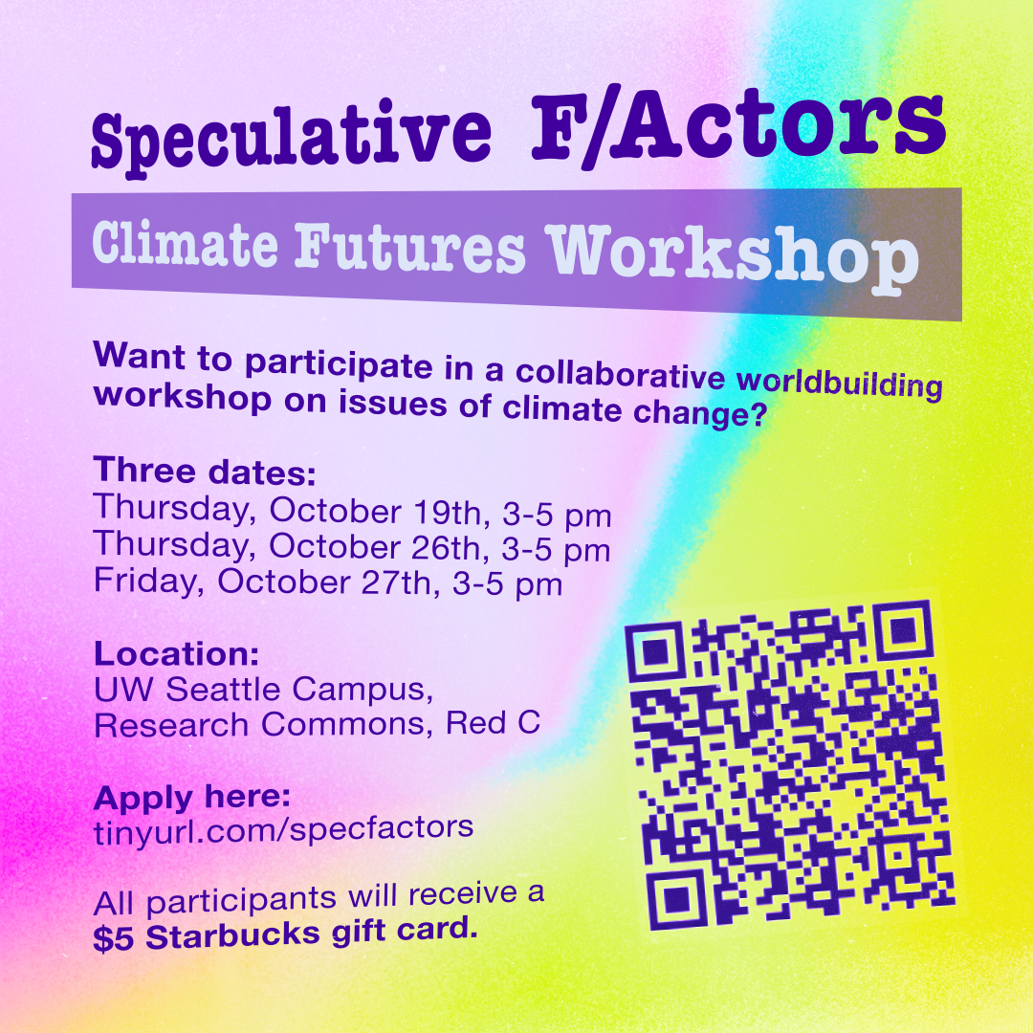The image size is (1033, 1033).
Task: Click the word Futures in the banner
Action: click(410, 248)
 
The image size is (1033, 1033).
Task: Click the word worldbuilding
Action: click(839, 385)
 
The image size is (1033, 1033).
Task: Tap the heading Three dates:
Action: click(205, 471)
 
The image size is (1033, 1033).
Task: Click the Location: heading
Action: click(177, 653)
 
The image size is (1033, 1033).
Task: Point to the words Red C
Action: click(494, 722)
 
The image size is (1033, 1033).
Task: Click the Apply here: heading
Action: click(191, 798)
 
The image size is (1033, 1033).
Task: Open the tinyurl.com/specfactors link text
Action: click(283, 829)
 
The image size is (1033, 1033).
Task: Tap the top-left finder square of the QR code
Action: click(654, 651)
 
